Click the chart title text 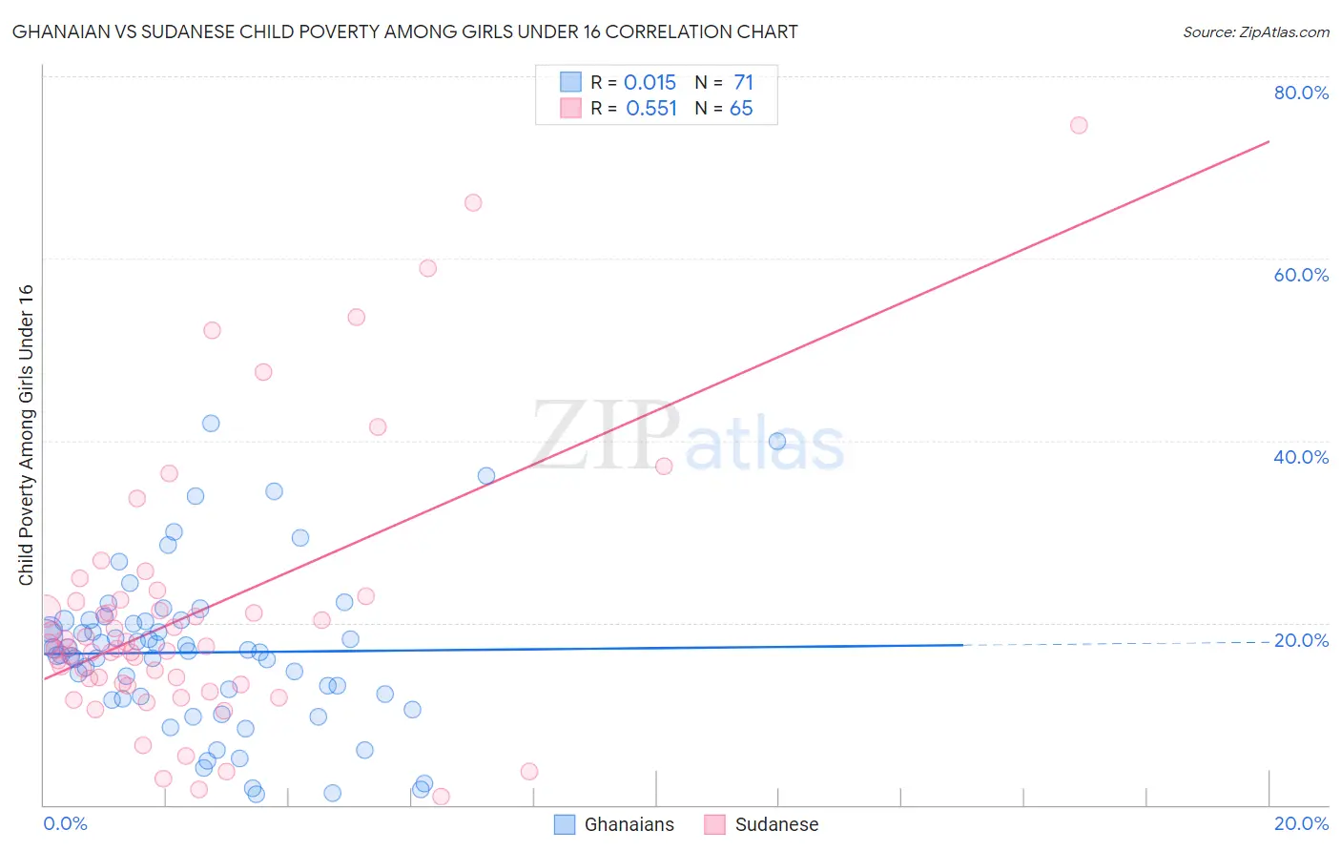405,31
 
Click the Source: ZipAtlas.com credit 1255,32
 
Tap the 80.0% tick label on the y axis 1301,93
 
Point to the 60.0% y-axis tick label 1301,275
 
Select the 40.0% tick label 1301,457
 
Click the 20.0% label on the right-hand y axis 1301,640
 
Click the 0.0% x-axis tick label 65,823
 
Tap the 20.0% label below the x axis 1301,823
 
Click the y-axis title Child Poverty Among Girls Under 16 26,435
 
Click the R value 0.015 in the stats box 650,83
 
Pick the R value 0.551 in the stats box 651,109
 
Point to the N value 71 743,83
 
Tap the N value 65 741,109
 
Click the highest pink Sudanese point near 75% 1079,125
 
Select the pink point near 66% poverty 473,202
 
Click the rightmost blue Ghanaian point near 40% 777,441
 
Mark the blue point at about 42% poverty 211,424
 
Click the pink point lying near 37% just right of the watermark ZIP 665,467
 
